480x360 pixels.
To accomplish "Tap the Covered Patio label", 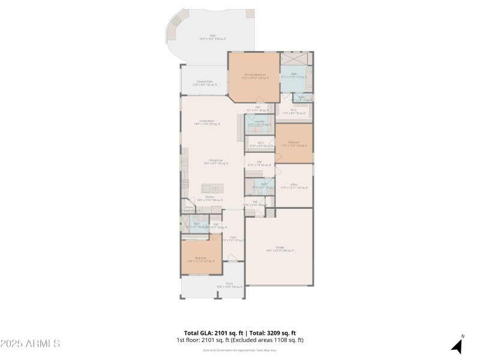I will [205, 83].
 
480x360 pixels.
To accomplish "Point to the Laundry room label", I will [260, 122].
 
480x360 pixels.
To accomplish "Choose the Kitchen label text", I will [210, 198].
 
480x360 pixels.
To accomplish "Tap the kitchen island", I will [212, 187].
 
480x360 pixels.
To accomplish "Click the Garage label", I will [280, 248].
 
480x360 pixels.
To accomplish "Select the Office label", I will [294, 186].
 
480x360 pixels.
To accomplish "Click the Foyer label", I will [233, 238].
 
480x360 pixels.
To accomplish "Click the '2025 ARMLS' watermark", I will [30, 344].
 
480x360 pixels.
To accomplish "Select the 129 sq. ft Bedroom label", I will [293, 143].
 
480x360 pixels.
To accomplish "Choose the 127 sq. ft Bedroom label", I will [200, 259].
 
